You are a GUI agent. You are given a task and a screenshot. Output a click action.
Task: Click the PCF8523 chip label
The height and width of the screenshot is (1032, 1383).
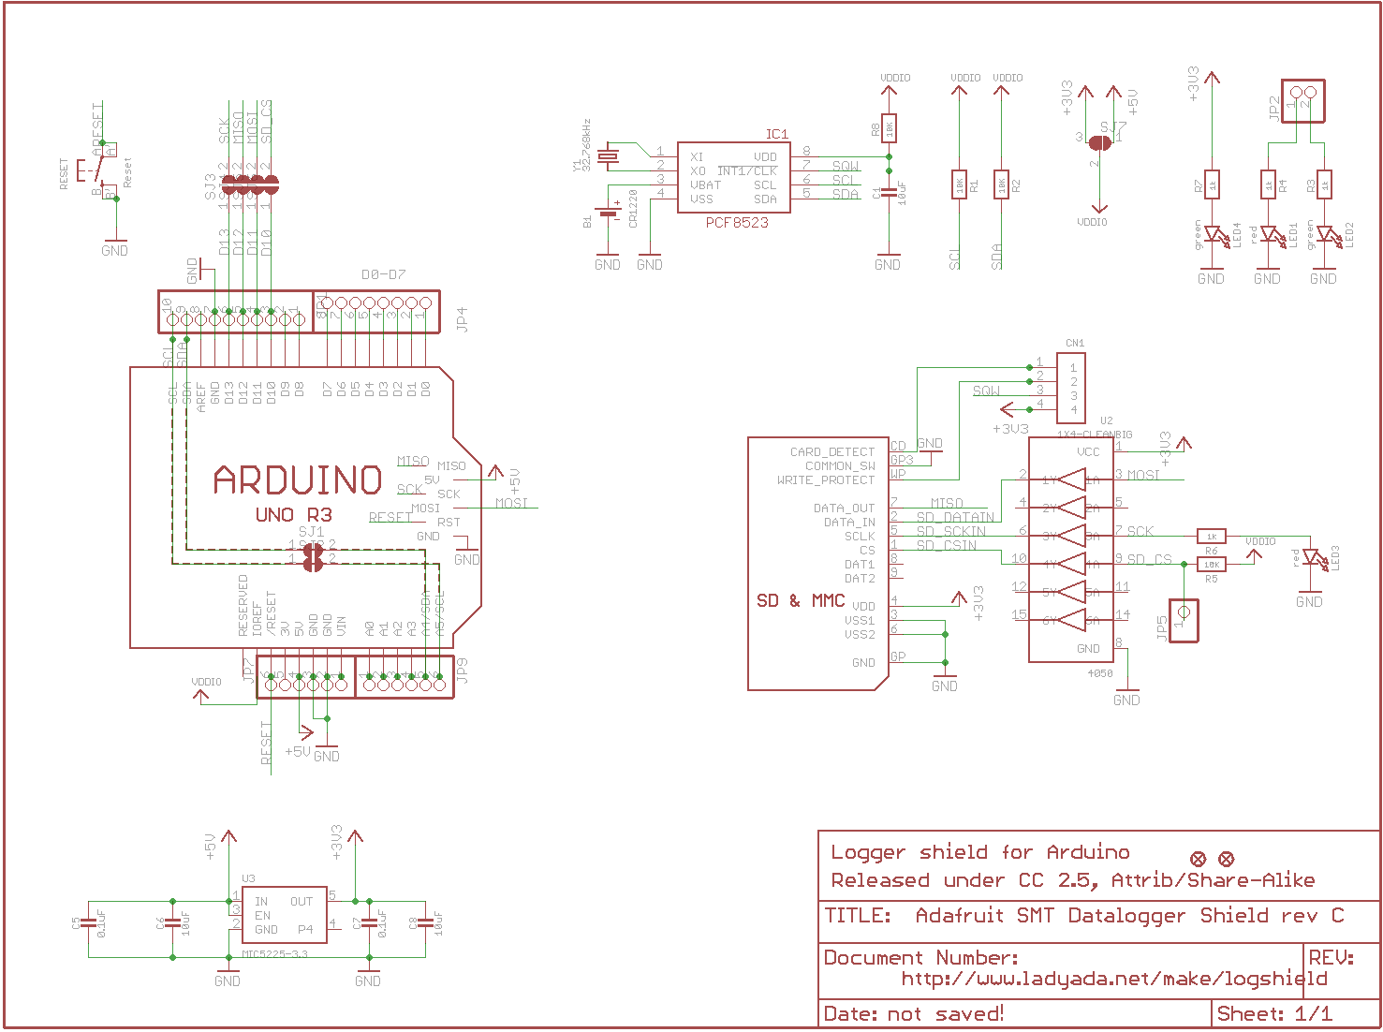coord(737,223)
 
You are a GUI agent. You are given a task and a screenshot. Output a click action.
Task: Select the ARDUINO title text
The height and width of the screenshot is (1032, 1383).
coord(298,480)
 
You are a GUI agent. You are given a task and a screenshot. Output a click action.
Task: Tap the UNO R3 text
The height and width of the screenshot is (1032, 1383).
coord(293,515)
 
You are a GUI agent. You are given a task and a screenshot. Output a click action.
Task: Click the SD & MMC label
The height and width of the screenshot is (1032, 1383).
coord(801,600)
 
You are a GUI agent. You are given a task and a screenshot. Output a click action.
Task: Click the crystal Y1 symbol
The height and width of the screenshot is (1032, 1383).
coord(610,156)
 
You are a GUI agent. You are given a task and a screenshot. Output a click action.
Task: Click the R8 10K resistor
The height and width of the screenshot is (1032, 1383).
coord(889,127)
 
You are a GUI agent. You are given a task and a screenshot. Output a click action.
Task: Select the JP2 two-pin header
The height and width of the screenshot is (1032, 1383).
coord(1302,98)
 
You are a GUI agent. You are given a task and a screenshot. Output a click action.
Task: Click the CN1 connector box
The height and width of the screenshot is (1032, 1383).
coord(1071,388)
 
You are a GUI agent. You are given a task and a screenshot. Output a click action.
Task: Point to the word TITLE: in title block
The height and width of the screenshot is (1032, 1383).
coord(858,916)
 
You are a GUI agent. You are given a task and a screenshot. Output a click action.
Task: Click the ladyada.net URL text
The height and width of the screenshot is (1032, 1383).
coord(1114,980)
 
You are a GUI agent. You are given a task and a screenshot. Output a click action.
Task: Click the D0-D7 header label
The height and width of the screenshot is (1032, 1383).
coord(384,274)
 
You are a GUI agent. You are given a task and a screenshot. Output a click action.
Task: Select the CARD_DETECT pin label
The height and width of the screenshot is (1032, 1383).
coord(831,451)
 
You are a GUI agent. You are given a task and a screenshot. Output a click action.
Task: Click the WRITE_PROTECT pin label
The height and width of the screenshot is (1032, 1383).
coord(825,479)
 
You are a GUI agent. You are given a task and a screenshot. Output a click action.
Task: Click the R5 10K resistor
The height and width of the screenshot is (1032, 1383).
coord(1212,565)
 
